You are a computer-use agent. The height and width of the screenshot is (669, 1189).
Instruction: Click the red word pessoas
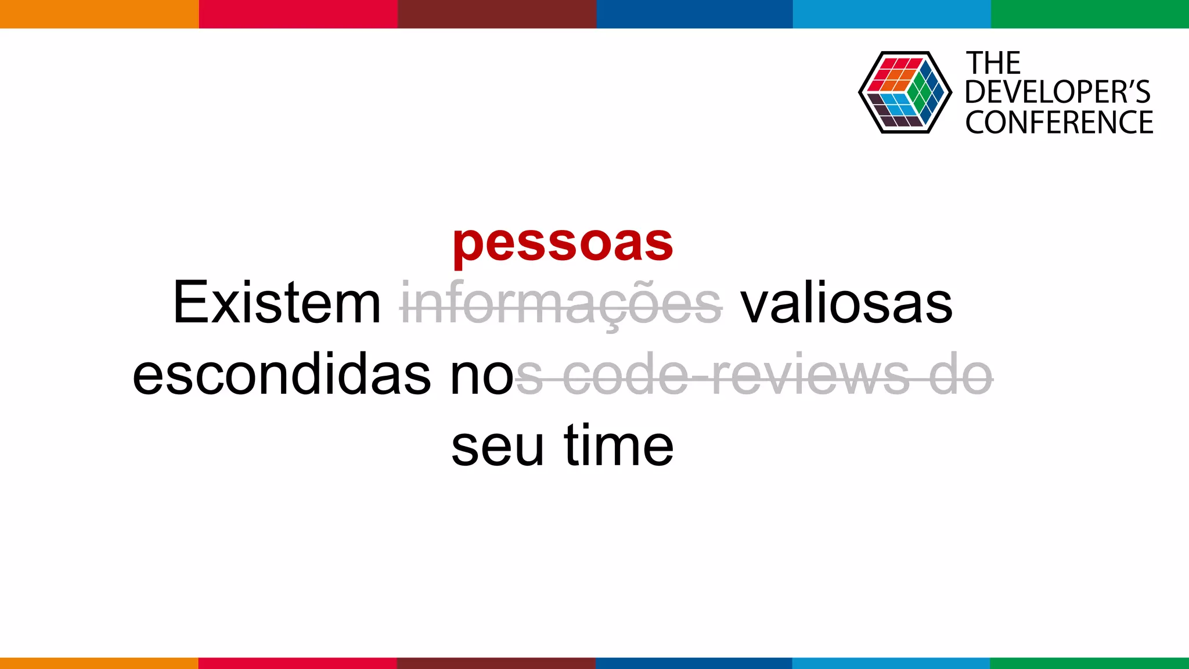coord(563,243)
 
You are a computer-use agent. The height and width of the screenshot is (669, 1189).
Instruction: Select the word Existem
coord(277,304)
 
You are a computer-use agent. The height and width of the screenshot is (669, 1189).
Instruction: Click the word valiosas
coord(846,304)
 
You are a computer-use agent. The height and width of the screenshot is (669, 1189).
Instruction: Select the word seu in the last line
coord(498,446)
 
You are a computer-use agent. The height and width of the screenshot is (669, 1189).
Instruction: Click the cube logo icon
coord(905,92)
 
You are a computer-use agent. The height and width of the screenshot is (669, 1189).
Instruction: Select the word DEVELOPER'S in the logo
coord(1057,92)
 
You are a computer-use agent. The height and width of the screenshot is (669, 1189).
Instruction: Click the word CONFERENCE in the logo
coord(1059,123)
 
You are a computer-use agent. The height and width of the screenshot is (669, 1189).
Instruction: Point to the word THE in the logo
coord(993,63)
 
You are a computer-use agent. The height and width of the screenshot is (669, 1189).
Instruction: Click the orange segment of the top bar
coord(99,14)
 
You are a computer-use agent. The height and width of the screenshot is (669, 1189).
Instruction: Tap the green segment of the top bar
coord(1090,14)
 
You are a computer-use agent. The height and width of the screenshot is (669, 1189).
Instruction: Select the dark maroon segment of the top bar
coord(496,14)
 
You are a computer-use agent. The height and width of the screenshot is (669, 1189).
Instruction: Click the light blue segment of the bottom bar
coord(891,663)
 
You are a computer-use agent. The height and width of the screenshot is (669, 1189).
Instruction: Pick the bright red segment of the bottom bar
coord(297,663)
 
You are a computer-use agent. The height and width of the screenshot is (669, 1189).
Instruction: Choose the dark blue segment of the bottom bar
coord(694,663)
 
